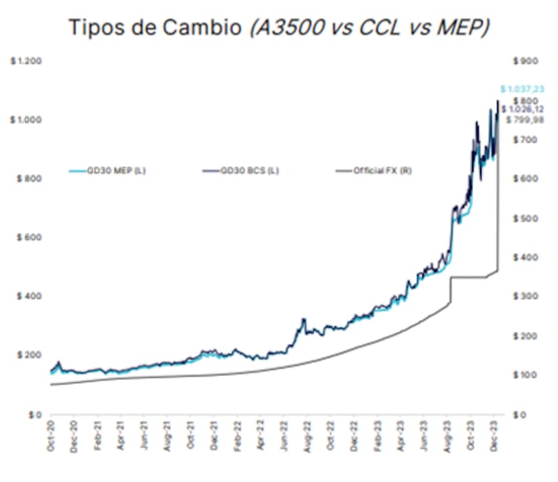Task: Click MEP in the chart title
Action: (x=463, y=27)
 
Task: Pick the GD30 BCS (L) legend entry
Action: (x=249, y=170)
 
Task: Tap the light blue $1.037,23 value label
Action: (x=522, y=89)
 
